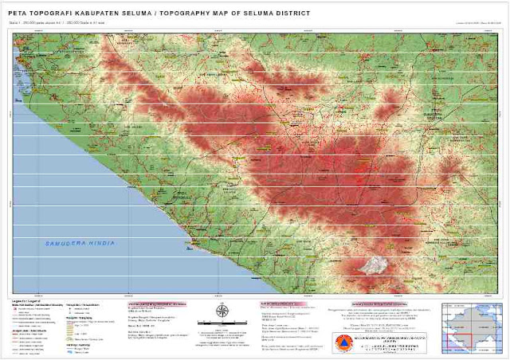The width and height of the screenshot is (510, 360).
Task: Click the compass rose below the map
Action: tap(221, 311)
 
